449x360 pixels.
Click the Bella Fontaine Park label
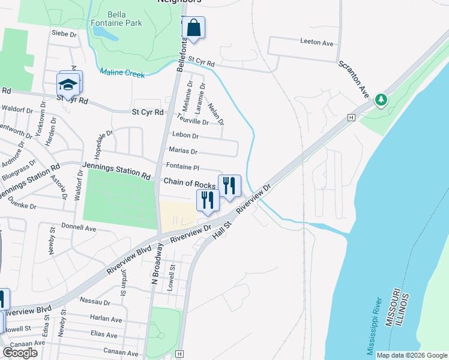click(x=125, y=19)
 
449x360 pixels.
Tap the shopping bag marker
click(x=194, y=28)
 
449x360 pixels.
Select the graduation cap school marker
click(x=68, y=84)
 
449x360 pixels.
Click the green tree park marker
click(x=381, y=100)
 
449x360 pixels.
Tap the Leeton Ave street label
click(x=316, y=43)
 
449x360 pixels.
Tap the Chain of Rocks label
click(x=189, y=185)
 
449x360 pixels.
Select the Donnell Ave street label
click(x=79, y=229)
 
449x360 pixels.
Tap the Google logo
click(x=20, y=353)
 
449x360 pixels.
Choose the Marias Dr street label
click(x=183, y=151)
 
